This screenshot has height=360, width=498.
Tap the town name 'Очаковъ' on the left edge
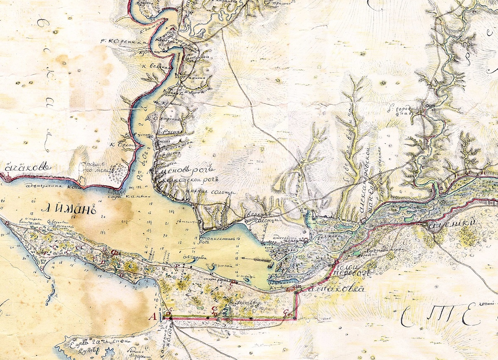click(27, 168)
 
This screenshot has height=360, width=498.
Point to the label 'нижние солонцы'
click(212, 192)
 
